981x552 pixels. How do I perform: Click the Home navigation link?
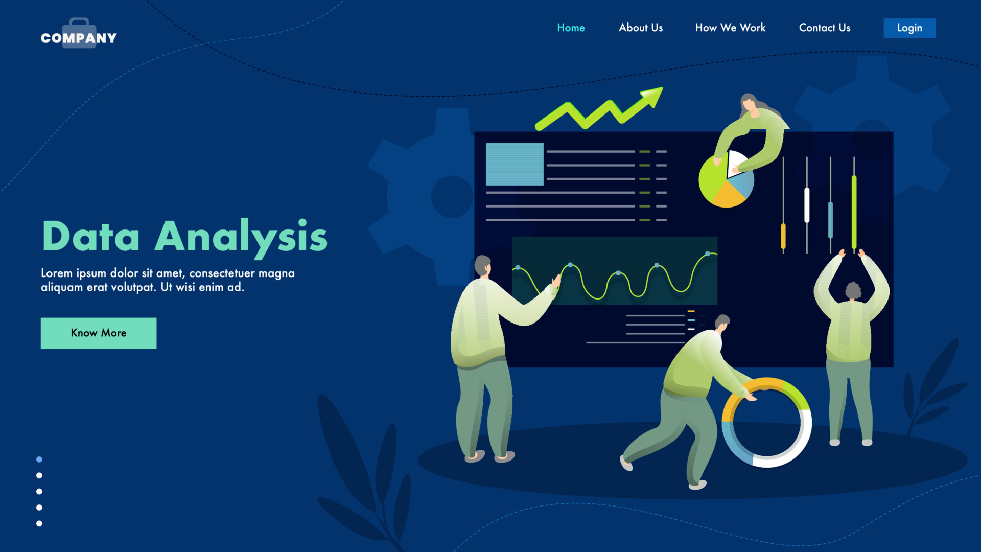point(571,28)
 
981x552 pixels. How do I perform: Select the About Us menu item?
point(641,28)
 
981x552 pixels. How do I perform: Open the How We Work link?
point(730,28)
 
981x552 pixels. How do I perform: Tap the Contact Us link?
point(825,28)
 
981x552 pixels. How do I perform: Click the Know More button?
point(99,333)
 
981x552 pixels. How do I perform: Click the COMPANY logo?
point(79,36)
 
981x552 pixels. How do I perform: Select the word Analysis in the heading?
point(241,237)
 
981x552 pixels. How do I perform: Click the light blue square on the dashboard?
point(515,164)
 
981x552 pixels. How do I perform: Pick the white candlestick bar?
point(807,205)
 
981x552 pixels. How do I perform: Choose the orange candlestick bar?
point(783,237)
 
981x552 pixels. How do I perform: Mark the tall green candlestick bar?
point(854,212)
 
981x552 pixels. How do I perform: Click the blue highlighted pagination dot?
point(39,459)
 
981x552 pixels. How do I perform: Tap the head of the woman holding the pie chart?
point(749,105)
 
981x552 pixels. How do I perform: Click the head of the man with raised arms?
point(853,291)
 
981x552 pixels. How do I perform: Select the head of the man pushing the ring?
point(722,322)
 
